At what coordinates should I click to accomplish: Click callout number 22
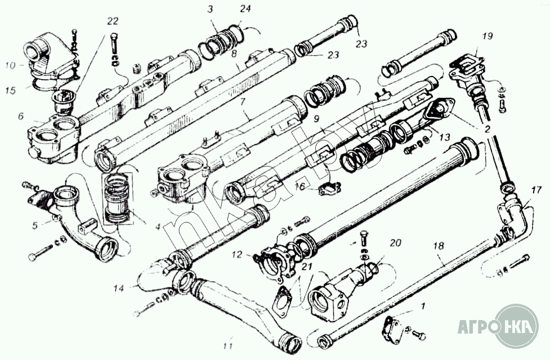(x=113, y=21)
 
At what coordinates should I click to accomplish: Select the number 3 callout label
(x=209, y=10)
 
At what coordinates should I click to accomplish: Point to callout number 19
(x=487, y=37)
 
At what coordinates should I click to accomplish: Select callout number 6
(x=21, y=116)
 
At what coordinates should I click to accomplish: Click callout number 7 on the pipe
(x=243, y=103)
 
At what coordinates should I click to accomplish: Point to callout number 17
(x=535, y=190)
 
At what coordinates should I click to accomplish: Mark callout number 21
(x=306, y=267)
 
